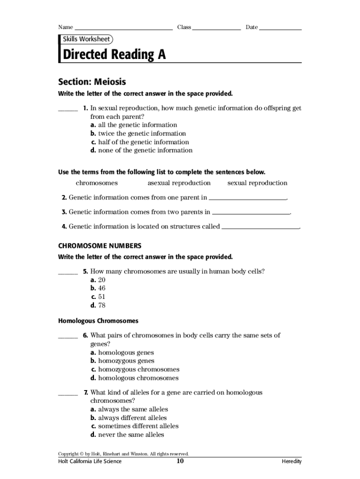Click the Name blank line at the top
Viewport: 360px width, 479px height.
(x=123, y=28)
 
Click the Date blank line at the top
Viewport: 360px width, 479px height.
(x=280, y=28)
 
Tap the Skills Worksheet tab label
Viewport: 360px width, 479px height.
(x=86, y=39)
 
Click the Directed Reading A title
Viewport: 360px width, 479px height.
(x=114, y=55)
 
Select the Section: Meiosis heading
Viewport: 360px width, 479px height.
(x=92, y=82)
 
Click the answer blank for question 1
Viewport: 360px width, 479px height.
(x=68, y=109)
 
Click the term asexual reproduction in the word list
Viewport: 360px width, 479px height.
(x=179, y=183)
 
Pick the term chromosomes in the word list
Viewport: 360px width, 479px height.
(x=97, y=183)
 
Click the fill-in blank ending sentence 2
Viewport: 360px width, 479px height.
(x=247, y=198)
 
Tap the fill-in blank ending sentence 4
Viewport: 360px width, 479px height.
(x=260, y=227)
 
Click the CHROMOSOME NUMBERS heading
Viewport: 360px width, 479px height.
(x=100, y=246)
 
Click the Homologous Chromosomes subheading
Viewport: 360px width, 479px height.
(x=98, y=321)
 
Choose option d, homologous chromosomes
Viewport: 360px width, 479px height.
(x=135, y=377)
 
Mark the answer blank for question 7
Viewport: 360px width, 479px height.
(x=68, y=394)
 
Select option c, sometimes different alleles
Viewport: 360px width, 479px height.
(x=135, y=426)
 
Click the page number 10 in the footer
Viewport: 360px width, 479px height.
(x=180, y=461)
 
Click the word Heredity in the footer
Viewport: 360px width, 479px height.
(x=291, y=462)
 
